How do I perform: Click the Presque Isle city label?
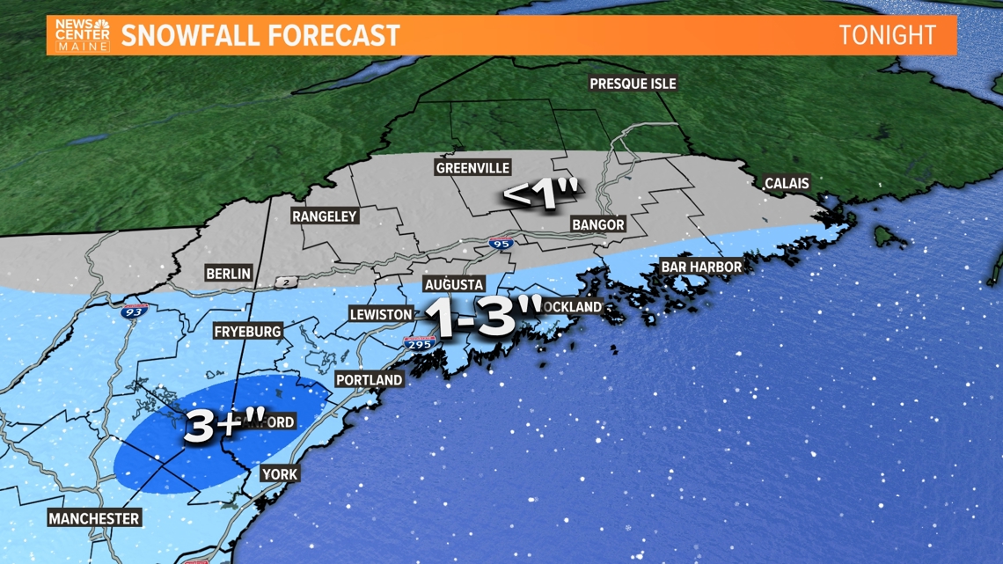(x=633, y=84)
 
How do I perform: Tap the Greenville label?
(x=472, y=168)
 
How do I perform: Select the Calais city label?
(x=786, y=183)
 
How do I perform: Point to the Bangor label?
(x=597, y=224)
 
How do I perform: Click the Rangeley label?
(x=325, y=216)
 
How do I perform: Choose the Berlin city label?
(x=228, y=274)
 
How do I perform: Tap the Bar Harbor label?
(x=701, y=267)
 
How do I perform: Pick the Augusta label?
(x=453, y=285)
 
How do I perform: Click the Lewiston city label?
(x=380, y=314)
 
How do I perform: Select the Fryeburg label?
(x=247, y=332)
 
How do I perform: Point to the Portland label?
(x=370, y=380)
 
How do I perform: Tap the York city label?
(x=280, y=474)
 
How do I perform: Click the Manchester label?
(x=94, y=518)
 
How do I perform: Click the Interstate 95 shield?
(x=501, y=243)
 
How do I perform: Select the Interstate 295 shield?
(x=420, y=344)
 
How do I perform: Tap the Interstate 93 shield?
(x=135, y=310)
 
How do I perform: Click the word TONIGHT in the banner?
(x=886, y=35)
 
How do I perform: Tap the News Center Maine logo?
(x=83, y=35)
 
